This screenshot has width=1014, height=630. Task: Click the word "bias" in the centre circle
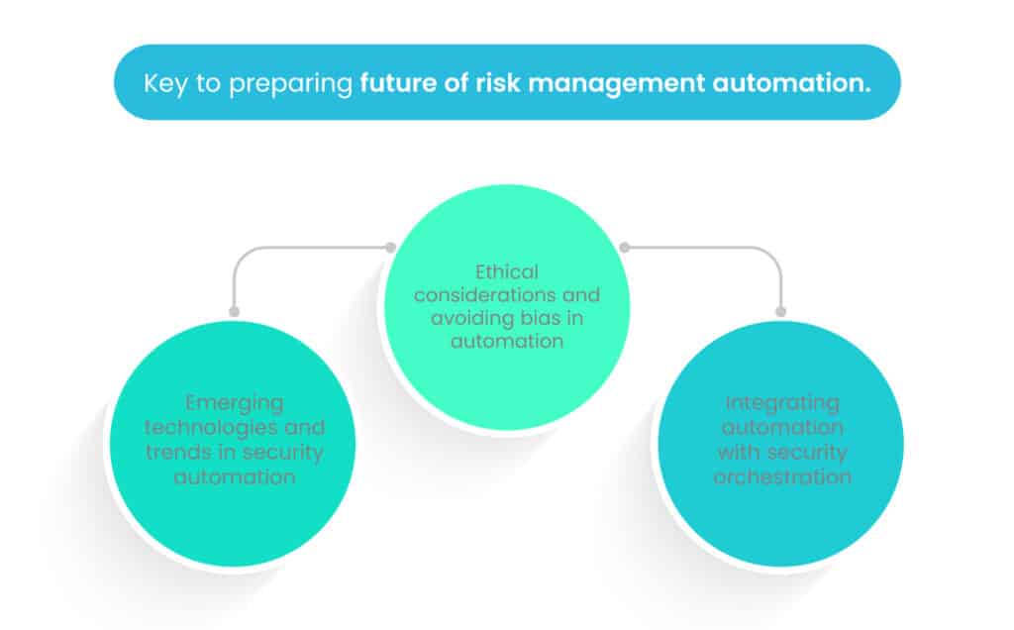tap(550, 319)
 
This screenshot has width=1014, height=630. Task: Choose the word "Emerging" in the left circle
tap(235, 403)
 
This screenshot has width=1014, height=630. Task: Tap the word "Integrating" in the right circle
tap(782, 403)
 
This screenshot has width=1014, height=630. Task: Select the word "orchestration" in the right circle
tap(782, 475)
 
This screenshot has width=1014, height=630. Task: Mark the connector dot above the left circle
tap(235, 311)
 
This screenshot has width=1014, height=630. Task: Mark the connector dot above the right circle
tap(780, 311)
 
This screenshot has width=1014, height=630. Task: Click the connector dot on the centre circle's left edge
tap(391, 248)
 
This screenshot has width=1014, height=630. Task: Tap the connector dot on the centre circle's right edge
tap(624, 248)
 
